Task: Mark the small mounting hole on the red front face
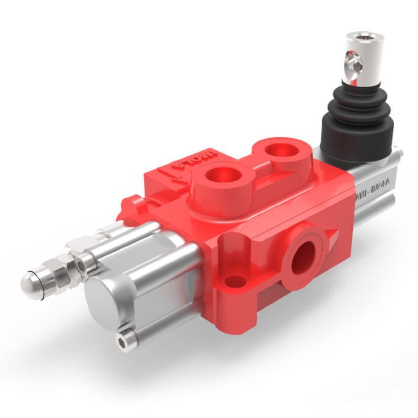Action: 236,281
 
